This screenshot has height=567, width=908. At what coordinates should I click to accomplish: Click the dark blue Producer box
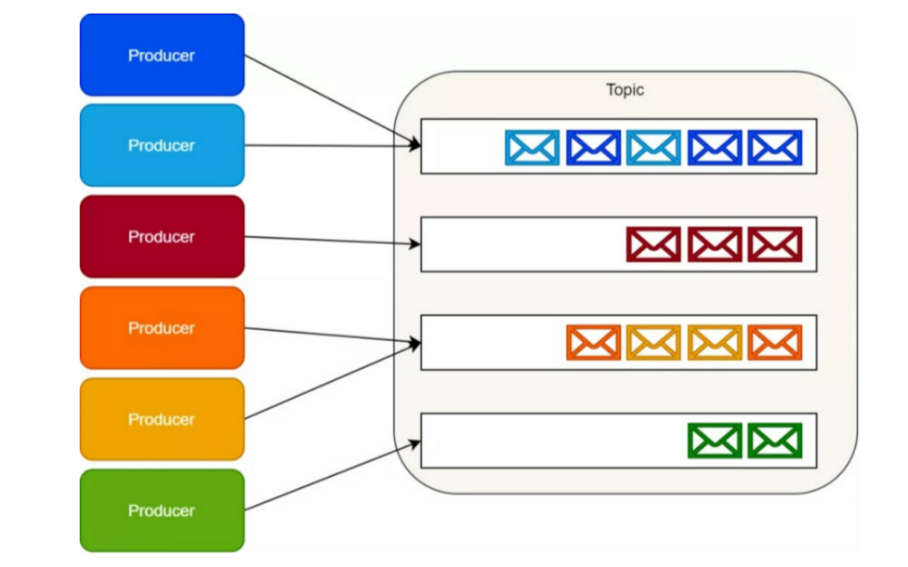click(x=162, y=55)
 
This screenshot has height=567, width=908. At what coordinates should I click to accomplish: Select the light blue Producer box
click(x=162, y=145)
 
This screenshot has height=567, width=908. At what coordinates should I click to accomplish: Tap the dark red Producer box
click(x=162, y=236)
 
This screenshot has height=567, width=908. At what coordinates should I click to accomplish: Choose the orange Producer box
click(x=162, y=327)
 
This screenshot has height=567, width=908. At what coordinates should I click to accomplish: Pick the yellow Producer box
click(x=162, y=418)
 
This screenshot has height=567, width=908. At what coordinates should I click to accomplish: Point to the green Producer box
click(x=162, y=509)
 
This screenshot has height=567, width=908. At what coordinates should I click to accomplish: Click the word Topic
click(x=625, y=90)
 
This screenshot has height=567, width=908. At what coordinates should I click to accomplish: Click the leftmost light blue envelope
click(x=533, y=148)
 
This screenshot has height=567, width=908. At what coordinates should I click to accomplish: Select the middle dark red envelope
click(x=715, y=244)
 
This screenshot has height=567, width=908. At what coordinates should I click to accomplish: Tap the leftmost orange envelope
click(x=593, y=342)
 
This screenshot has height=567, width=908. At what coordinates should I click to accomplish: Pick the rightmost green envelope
click(x=775, y=441)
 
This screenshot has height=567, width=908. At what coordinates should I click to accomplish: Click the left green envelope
click(x=715, y=441)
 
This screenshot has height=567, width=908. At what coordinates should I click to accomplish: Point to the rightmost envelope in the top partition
click(x=775, y=148)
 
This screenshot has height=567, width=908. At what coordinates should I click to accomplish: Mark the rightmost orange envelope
click(x=775, y=342)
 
